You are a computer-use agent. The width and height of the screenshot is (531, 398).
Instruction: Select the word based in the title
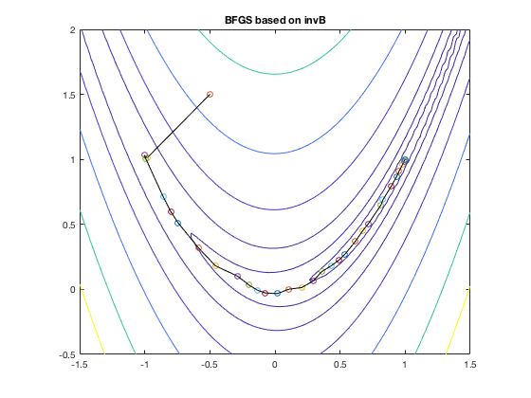(x=266, y=20)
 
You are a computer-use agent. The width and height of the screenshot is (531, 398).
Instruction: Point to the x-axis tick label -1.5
(x=81, y=365)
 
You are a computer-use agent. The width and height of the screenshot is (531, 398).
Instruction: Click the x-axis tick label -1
(x=145, y=365)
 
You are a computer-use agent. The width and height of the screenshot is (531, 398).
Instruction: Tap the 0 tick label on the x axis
(x=275, y=365)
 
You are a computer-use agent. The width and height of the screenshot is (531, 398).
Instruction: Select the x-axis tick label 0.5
(x=340, y=365)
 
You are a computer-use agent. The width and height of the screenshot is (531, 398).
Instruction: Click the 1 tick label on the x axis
(x=405, y=365)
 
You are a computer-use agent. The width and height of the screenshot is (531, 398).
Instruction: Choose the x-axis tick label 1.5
(x=469, y=365)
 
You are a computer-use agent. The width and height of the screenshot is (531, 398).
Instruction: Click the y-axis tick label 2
(x=73, y=29)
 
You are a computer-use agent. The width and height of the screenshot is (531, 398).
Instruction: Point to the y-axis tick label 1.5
(x=69, y=95)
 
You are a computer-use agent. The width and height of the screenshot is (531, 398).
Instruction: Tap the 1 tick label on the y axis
(x=73, y=160)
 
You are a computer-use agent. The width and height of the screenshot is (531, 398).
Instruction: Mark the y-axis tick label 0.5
(x=69, y=225)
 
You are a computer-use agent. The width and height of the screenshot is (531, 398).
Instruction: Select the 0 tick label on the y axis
(x=73, y=290)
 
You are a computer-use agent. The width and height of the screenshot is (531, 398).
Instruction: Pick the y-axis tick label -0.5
(x=67, y=354)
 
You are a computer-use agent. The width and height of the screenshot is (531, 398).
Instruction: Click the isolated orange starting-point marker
(x=210, y=94)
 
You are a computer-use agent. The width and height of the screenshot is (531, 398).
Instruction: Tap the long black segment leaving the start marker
(x=177, y=125)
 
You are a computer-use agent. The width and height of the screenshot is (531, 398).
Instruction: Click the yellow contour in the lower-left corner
(x=92, y=319)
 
